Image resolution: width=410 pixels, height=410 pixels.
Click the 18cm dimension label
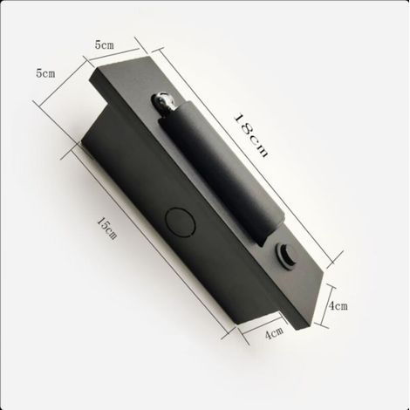[251, 135]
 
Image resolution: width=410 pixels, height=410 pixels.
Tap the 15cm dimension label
[107, 228]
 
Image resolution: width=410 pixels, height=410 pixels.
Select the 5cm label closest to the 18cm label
[105, 44]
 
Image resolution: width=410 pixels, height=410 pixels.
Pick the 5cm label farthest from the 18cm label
[45, 73]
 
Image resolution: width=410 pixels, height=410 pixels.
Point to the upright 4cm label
[338, 305]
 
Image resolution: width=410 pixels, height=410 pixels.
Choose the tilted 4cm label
[275, 333]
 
